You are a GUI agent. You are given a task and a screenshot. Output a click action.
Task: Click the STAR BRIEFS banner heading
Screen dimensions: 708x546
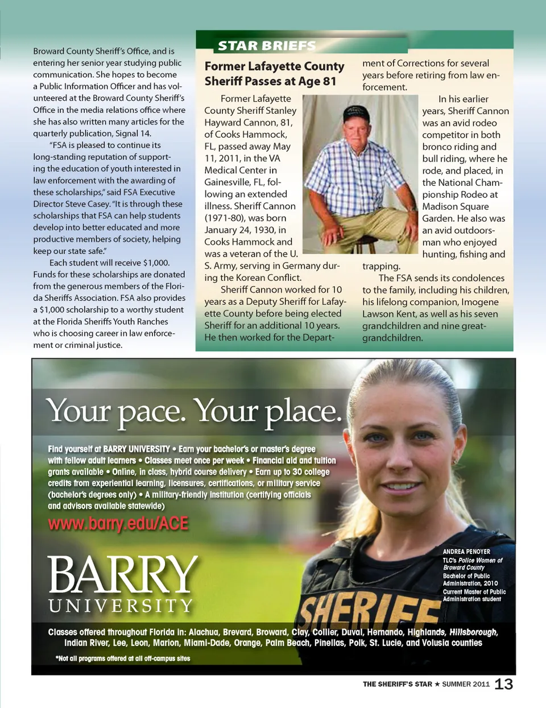pyautogui.click(x=266, y=46)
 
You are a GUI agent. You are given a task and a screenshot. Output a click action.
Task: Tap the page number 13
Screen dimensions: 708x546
pyautogui.click(x=503, y=684)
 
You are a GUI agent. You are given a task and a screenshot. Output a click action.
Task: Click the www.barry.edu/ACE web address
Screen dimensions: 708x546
pyautogui.click(x=118, y=523)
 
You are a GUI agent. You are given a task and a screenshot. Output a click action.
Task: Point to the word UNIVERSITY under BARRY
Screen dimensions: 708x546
pyautogui.click(x=121, y=606)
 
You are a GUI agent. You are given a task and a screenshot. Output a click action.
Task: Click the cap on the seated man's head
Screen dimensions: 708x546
pyautogui.click(x=356, y=114)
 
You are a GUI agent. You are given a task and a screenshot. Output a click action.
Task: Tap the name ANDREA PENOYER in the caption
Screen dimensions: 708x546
pyautogui.click(x=466, y=552)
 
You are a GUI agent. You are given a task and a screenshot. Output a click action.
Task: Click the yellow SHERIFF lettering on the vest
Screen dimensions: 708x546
pyautogui.click(x=370, y=608)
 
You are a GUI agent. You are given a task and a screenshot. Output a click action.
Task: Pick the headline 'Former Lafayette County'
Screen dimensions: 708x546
pyautogui.click(x=274, y=67)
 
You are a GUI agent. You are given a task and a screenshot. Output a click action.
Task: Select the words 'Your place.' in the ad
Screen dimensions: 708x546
pyautogui.click(x=267, y=411)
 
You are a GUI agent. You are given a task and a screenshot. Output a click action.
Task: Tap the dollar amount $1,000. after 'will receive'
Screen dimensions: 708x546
pyautogui.click(x=156, y=263)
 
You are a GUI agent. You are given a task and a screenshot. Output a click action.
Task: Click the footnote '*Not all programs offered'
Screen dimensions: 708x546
pyautogui.click(x=123, y=659)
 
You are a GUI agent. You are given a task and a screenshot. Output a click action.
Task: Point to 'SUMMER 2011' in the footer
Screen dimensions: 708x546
pyautogui.click(x=466, y=684)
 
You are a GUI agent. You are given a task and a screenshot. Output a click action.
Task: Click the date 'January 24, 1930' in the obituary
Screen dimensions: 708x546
pyautogui.click(x=239, y=230)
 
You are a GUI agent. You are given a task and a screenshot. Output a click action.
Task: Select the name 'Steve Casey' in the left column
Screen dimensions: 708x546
pyautogui.click(x=87, y=204)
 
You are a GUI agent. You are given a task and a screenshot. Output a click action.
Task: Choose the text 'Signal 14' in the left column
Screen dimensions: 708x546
pyautogui.click(x=132, y=133)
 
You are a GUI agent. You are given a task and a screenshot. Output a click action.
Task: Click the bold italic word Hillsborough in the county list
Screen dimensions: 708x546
pyautogui.click(x=473, y=632)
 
